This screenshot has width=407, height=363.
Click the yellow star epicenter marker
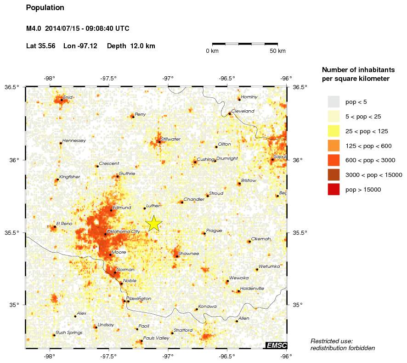(x=154, y=223)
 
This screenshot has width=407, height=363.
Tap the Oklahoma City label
(x=123, y=231)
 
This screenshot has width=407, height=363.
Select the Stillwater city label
(x=170, y=139)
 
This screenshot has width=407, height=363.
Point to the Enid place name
(x=68, y=97)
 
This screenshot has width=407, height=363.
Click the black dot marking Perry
(x=133, y=117)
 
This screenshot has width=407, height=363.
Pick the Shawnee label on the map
(x=189, y=253)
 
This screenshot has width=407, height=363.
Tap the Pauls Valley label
(x=156, y=338)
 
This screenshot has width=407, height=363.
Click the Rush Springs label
(x=69, y=332)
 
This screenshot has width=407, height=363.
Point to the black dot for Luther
(x=144, y=209)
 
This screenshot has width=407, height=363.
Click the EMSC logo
(x=276, y=345)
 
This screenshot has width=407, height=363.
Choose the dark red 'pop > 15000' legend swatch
(x=334, y=189)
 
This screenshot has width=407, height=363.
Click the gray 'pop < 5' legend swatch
(x=334, y=102)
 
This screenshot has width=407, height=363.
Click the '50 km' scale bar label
(x=277, y=51)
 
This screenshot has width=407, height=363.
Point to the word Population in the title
(x=45, y=8)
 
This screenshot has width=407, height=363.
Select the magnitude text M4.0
(x=34, y=28)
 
